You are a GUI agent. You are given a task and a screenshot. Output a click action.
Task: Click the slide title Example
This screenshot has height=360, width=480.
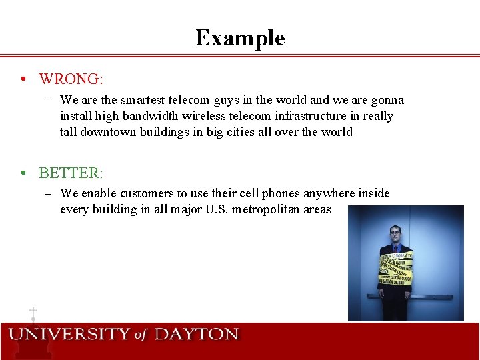tap(240, 38)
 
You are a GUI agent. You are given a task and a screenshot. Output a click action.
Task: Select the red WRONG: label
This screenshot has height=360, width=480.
tap(71, 79)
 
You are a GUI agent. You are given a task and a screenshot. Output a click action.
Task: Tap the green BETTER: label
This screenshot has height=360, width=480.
tap(71, 173)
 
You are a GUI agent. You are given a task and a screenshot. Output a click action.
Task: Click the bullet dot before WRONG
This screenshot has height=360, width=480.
tap(23, 79)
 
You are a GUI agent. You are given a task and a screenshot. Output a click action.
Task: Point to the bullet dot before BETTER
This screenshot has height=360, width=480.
tap(23, 173)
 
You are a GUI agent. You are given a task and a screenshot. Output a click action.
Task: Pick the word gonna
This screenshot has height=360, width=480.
tap(386, 100)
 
